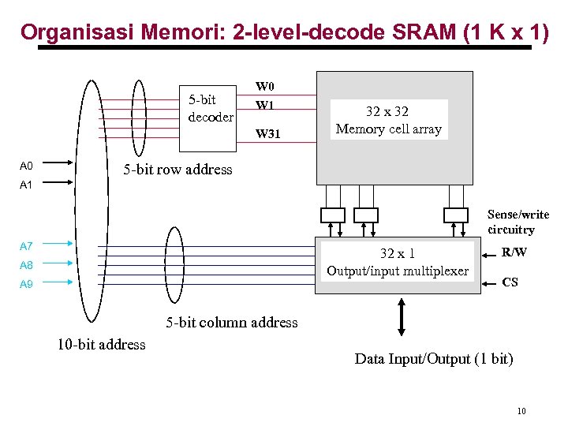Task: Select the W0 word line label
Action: [x=264, y=86]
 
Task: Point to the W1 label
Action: [x=264, y=105]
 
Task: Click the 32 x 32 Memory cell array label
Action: [x=388, y=120]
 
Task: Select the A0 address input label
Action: [x=26, y=166]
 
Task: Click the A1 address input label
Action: [x=26, y=185]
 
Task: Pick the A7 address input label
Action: [x=26, y=247]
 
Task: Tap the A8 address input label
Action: [x=26, y=266]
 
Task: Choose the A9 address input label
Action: [x=26, y=284]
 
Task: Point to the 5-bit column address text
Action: [x=231, y=322]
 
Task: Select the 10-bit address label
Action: [x=101, y=344]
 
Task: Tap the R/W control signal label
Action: [x=514, y=252]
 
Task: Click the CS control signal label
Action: [x=510, y=282]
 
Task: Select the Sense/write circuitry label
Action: [x=518, y=222]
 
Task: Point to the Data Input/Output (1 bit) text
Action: [x=433, y=359]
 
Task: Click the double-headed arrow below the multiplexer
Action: [x=401, y=317]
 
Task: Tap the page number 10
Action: [x=521, y=411]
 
